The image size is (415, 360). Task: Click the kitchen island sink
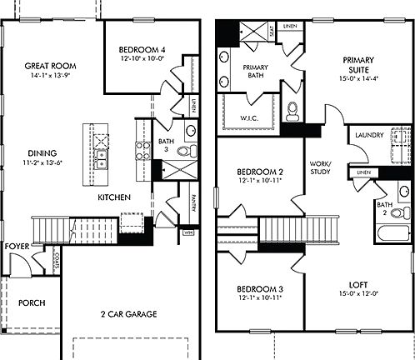pyautogui.click(x=101, y=156)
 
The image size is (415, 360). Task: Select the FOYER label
pyautogui.click(x=16, y=247)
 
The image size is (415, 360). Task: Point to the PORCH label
pyautogui.click(x=32, y=302)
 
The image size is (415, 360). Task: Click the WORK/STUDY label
pyautogui.click(x=320, y=167)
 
